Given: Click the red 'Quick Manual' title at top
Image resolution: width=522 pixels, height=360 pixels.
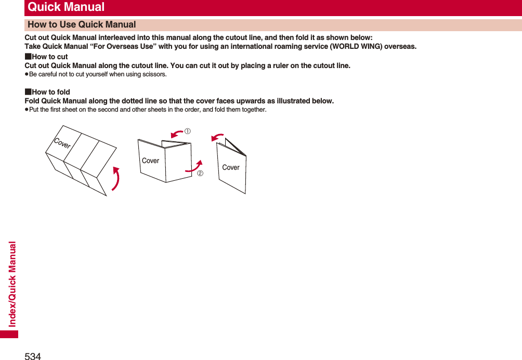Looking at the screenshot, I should [x=66, y=7].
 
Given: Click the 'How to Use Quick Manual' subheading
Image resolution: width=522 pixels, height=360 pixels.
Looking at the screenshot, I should [x=82, y=24].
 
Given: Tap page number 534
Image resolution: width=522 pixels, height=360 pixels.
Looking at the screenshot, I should [x=33, y=356].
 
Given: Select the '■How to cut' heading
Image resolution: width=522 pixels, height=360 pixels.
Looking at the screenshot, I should [x=46, y=57].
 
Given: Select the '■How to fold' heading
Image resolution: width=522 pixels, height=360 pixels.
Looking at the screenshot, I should [x=47, y=92].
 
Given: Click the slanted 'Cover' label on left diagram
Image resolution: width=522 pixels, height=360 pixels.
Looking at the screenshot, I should [x=62, y=143].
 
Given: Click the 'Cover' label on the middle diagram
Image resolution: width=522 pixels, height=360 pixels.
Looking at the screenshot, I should [x=151, y=161].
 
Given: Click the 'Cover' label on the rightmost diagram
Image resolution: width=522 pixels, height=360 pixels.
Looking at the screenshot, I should [x=231, y=167].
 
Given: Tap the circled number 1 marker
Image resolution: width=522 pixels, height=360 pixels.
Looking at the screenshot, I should [x=188, y=131].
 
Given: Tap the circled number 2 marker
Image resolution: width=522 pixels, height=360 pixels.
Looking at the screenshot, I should [x=200, y=173].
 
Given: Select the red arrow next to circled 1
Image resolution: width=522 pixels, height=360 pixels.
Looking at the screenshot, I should [x=177, y=135].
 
